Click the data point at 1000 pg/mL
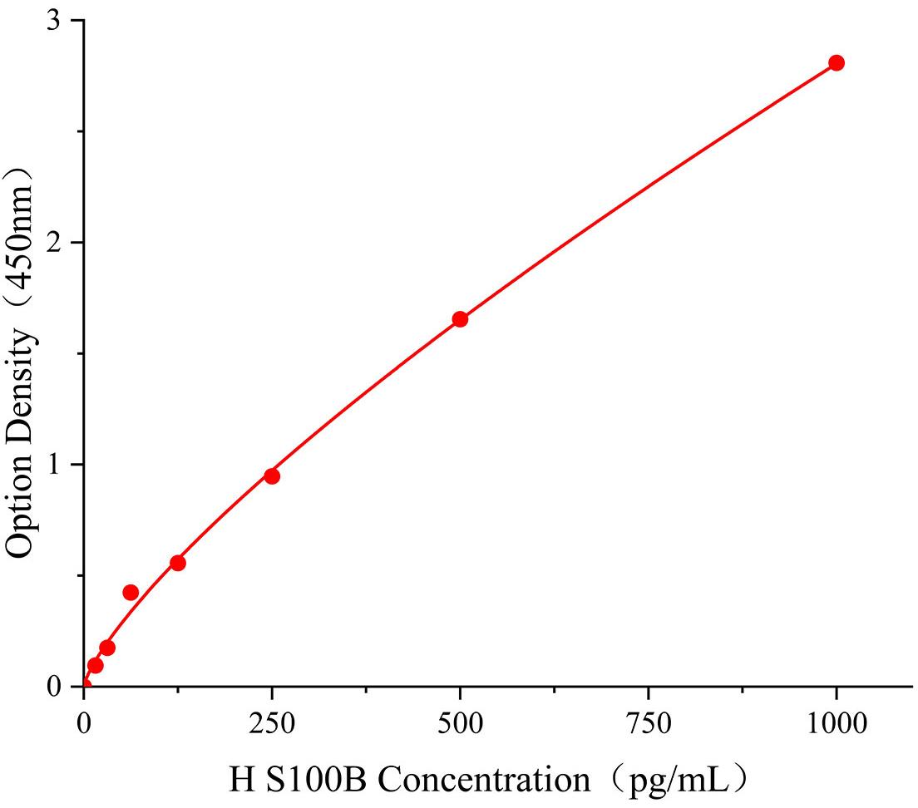tap(837, 63)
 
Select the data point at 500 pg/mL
tap(460, 319)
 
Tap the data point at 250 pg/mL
tap(272, 476)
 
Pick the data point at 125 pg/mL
tap(178, 563)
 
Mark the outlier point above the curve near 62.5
tap(131, 593)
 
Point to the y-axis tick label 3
tap(54, 21)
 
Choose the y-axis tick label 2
tap(54, 243)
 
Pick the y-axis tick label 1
tap(54, 465)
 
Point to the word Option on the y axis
tap(22, 507)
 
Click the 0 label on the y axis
tap(54, 687)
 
